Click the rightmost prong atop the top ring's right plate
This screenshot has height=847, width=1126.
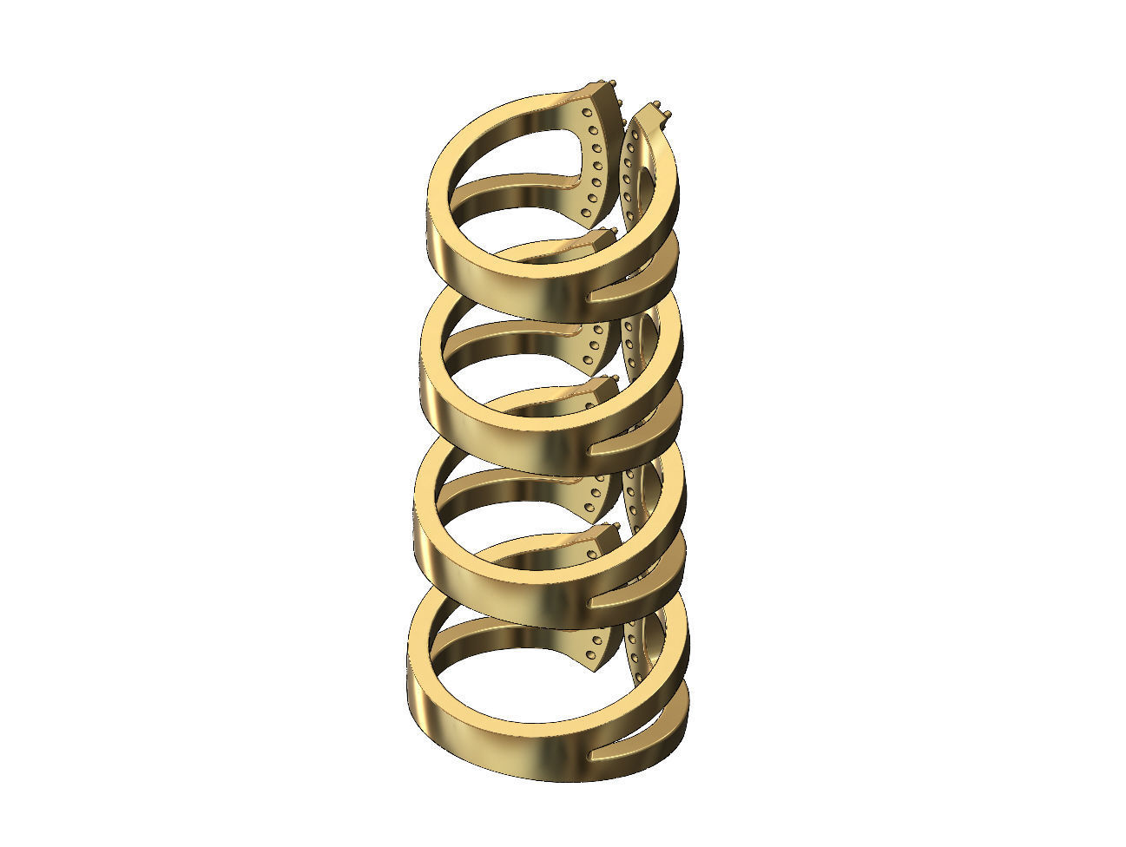point(673,115)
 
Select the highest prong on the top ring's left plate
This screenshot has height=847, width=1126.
point(616,82)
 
